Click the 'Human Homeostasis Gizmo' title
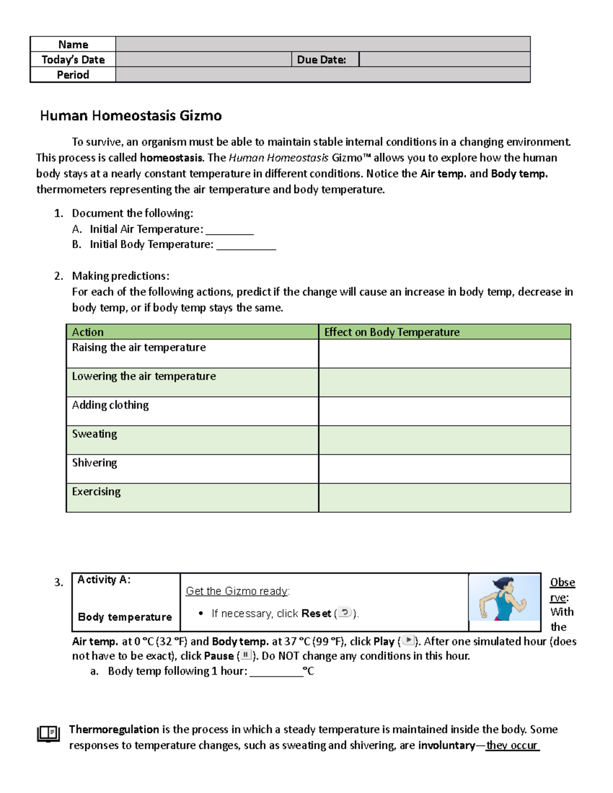click(x=131, y=116)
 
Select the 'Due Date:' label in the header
click(x=321, y=60)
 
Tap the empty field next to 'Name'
click(x=323, y=44)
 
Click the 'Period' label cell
click(x=73, y=75)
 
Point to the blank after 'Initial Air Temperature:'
click(x=229, y=230)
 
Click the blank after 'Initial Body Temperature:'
click(x=246, y=245)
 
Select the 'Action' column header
click(x=88, y=332)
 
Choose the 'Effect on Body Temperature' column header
click(x=392, y=332)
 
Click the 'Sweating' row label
click(x=95, y=434)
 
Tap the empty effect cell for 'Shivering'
click(x=444, y=469)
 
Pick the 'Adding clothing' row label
click(x=110, y=405)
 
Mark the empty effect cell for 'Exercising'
click(x=444, y=498)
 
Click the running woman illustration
click(x=504, y=597)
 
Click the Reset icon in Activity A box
click(x=345, y=613)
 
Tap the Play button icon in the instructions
click(x=408, y=640)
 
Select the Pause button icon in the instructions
click(x=246, y=655)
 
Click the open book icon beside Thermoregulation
click(x=49, y=734)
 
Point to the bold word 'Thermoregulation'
click(x=114, y=729)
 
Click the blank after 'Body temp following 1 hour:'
click(x=276, y=671)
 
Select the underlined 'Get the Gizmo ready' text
click(x=237, y=591)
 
